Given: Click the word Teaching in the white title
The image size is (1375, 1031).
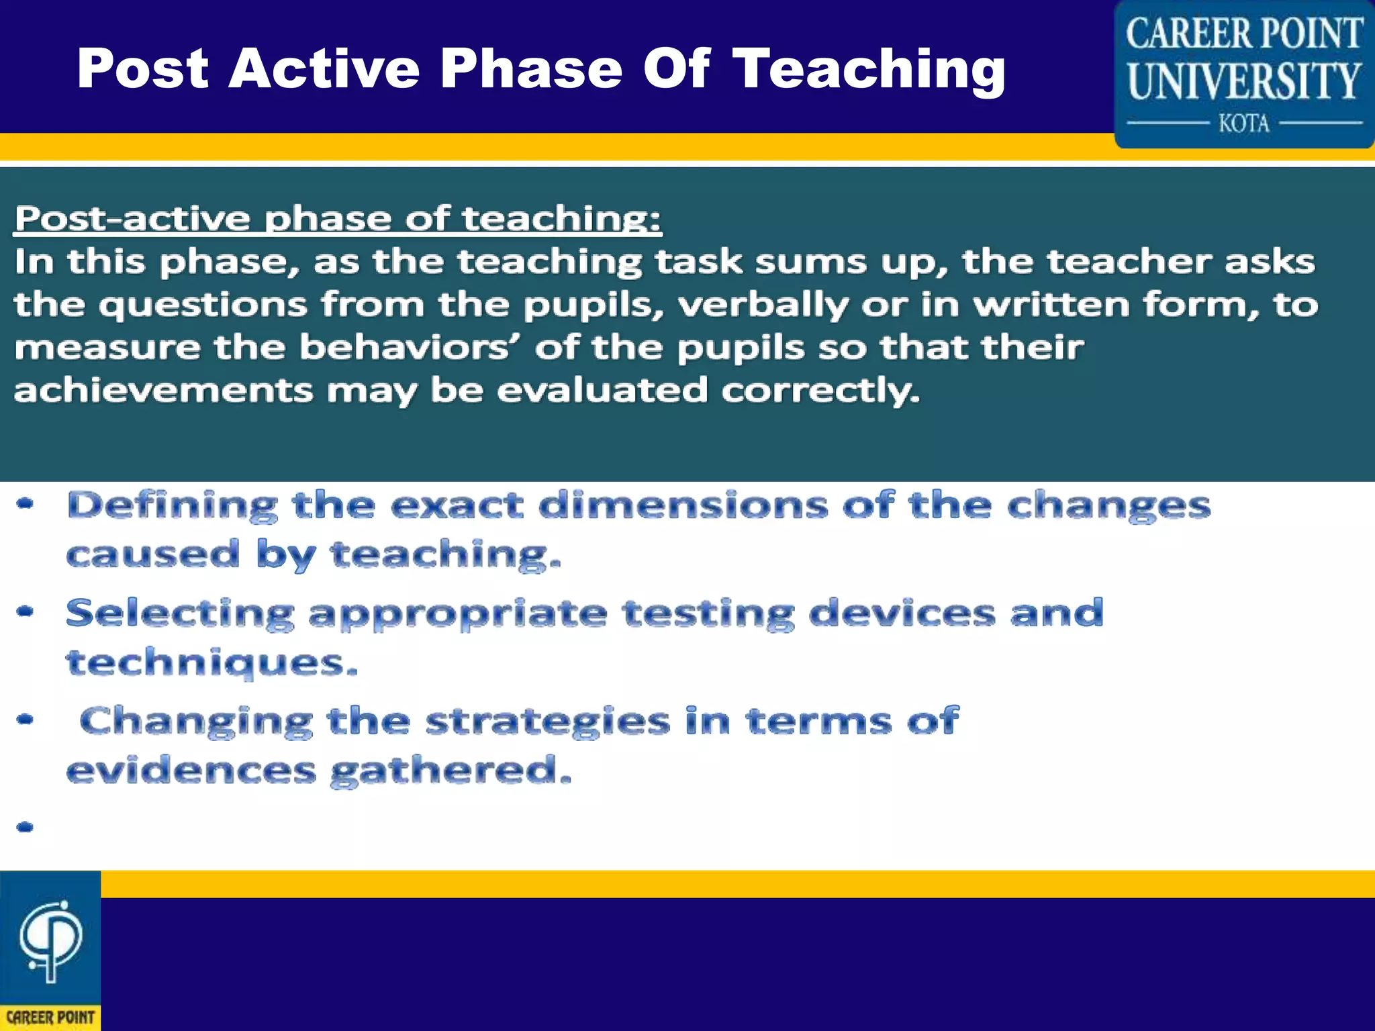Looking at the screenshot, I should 869,70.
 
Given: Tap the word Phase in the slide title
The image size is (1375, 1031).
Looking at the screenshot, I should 530,68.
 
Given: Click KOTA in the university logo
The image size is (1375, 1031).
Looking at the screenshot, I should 1244,124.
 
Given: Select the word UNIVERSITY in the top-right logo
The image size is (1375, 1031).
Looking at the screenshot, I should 1244,81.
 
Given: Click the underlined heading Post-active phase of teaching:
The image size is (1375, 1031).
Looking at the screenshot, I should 338,219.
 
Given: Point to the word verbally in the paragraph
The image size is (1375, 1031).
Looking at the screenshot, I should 763,305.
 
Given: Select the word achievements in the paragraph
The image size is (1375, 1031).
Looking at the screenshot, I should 163,391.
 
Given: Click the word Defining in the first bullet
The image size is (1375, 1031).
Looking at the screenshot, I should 172,506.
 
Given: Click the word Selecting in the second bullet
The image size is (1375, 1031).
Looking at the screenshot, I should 180,614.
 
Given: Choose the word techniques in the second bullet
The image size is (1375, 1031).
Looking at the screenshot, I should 209,663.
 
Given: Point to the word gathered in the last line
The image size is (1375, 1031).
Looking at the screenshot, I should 450,771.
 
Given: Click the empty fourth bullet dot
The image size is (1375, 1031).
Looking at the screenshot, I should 25,827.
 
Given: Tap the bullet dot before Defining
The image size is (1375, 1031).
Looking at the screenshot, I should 25,503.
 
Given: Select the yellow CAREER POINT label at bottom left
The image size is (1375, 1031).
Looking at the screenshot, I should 50,1018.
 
